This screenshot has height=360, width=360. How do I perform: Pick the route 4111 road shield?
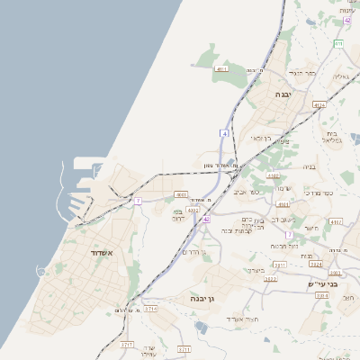[221, 68]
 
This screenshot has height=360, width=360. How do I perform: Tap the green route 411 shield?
[337, 43]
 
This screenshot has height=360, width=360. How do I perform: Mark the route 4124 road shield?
[319, 105]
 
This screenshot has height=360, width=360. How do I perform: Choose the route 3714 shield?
[150, 309]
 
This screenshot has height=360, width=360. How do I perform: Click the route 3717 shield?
[127, 345]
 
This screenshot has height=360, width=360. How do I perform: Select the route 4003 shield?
[181, 193]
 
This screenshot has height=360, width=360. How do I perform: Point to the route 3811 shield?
[280, 265]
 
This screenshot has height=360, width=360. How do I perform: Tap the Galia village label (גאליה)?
[340, 77]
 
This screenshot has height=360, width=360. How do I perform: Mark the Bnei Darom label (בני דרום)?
[177, 215]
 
